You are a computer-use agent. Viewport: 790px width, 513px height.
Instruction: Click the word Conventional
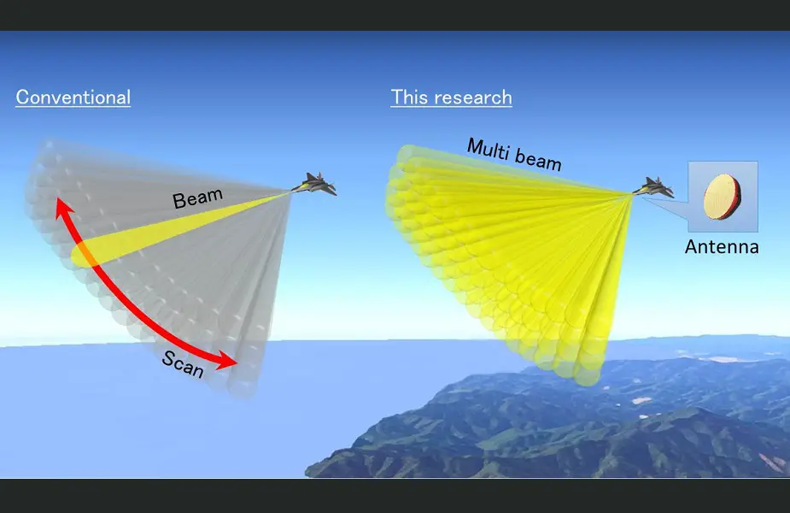point(73,97)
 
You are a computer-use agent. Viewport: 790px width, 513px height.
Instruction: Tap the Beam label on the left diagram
point(197,199)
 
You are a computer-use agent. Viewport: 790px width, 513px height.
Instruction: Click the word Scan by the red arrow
point(183,365)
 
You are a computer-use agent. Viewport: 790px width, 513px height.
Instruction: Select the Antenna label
point(722,247)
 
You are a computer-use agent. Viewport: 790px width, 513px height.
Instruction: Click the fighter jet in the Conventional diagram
point(315,185)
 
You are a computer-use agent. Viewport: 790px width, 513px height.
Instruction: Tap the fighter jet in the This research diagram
point(653,186)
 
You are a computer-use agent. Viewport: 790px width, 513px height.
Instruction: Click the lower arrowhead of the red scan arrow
point(229,363)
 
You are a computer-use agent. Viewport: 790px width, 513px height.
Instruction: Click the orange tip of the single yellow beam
point(84,255)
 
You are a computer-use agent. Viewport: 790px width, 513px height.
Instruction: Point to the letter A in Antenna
point(691,247)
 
